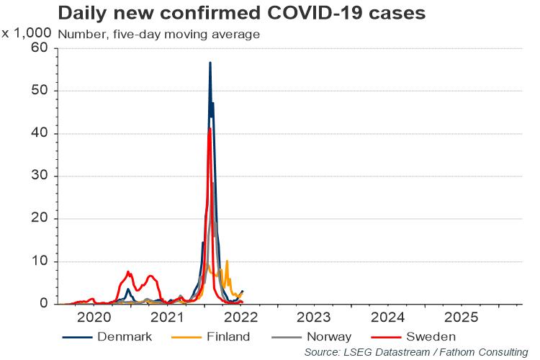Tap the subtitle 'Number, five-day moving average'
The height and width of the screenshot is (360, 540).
(158, 34)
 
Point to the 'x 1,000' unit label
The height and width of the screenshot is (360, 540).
(26, 33)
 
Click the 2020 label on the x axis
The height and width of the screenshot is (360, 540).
(94, 318)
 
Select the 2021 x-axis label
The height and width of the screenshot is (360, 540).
(167, 318)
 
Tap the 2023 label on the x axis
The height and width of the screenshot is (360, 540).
(313, 318)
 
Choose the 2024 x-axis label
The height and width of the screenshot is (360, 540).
(387, 318)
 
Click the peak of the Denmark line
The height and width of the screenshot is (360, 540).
(210, 63)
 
